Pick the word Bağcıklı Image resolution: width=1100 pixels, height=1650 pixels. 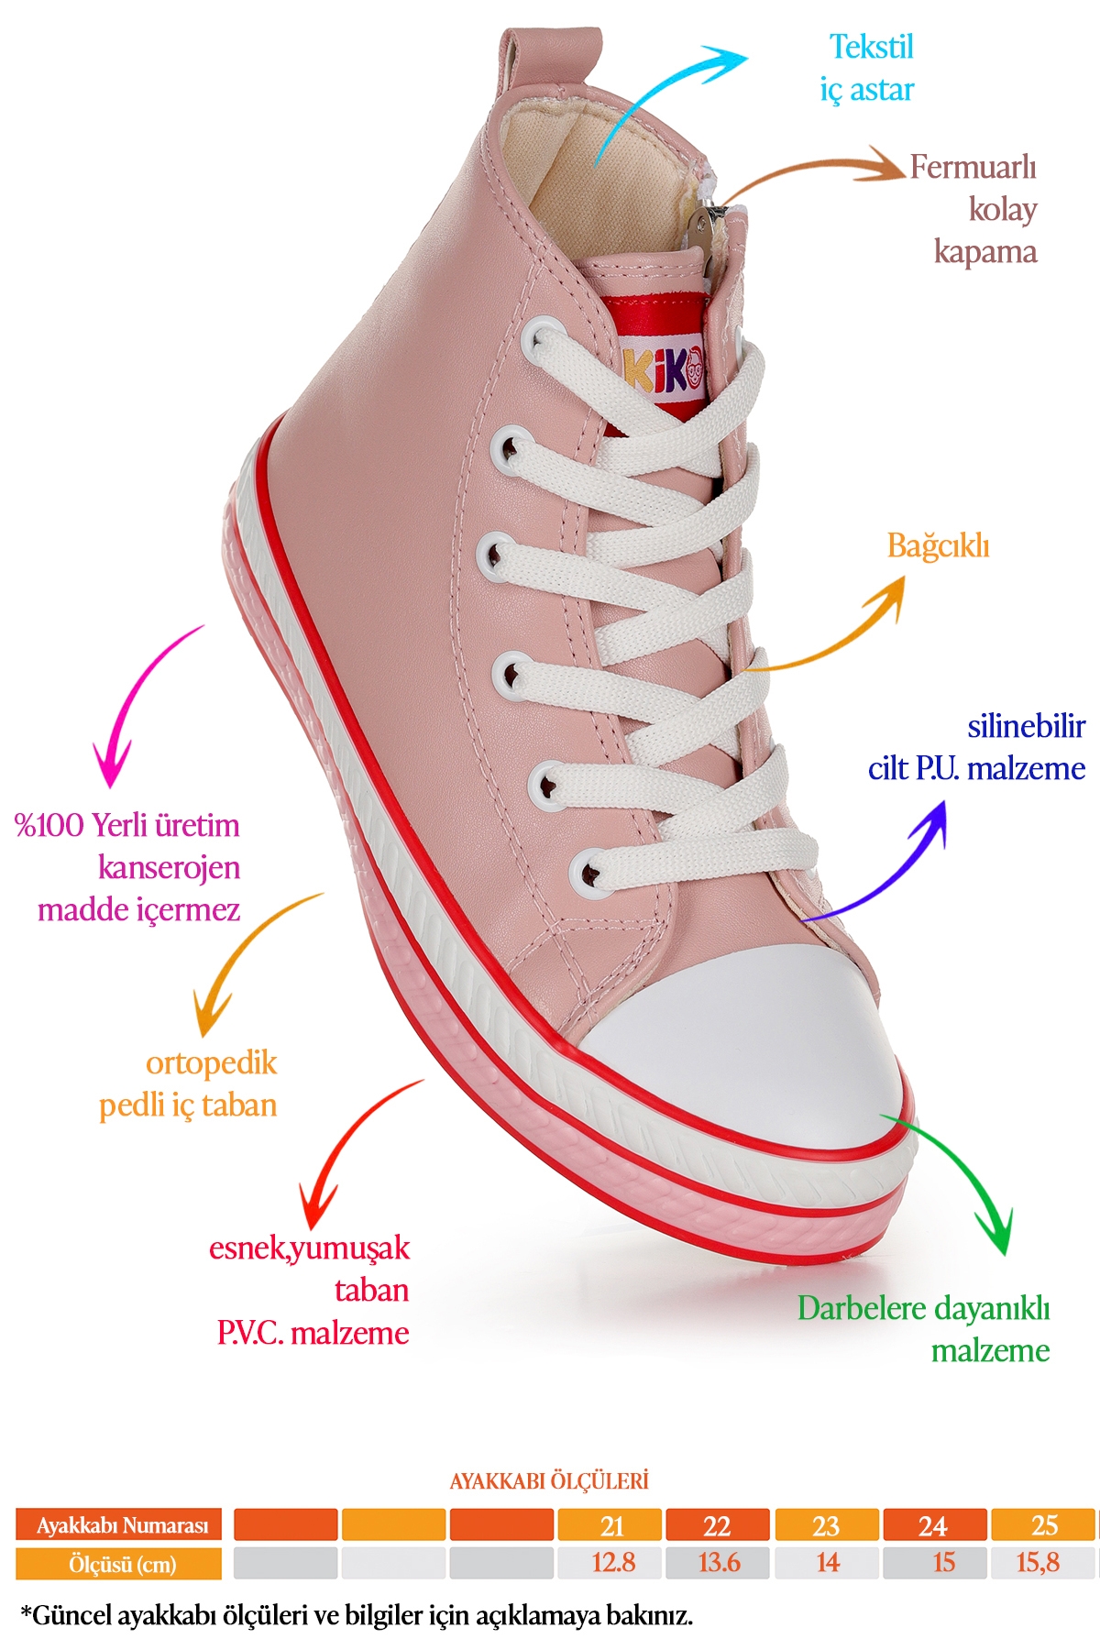[938, 546]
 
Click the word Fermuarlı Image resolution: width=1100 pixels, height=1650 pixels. [973, 167]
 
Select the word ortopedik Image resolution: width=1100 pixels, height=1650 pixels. [211, 1064]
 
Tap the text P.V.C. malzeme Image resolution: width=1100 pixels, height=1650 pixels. [313, 1333]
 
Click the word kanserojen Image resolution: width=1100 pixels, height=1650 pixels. [169, 868]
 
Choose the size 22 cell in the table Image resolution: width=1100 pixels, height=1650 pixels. [718, 1525]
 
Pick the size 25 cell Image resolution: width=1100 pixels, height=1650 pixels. [1043, 1525]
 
